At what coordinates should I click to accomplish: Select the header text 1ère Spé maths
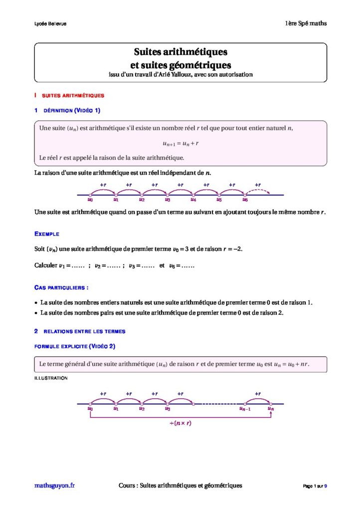pos(306,23)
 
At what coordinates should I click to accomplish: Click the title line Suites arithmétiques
pos(180,52)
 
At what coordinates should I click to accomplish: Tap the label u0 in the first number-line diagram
pos(90,200)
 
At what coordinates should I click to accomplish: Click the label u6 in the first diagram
pos(245,200)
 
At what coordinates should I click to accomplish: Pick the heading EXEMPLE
pos(47,234)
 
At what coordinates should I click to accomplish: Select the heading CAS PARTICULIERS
pos(61,288)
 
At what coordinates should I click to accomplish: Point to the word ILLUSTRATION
pos(51,378)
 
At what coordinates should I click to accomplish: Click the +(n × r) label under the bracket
pos(180,423)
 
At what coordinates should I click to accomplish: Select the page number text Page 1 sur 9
pos(315,486)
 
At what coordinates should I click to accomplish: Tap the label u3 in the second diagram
pos(168,409)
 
